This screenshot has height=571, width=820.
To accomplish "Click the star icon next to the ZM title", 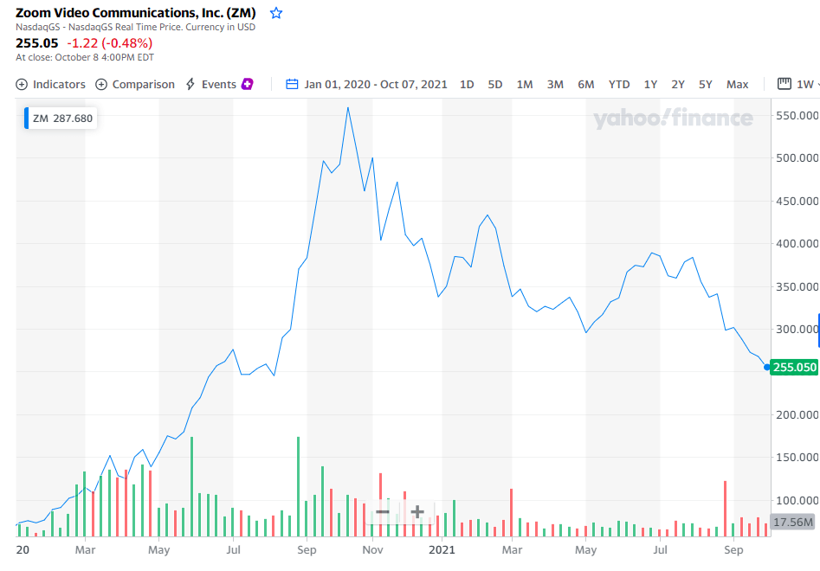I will (x=276, y=13).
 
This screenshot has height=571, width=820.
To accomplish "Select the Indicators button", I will (x=51, y=84).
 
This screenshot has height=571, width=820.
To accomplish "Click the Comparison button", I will (x=135, y=84).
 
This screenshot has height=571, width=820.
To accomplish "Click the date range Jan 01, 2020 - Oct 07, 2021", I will (x=367, y=84).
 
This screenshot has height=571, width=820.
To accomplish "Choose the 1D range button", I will (x=467, y=84).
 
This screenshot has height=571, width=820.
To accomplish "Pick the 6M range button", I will (x=586, y=84).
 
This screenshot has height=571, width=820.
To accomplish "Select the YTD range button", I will (x=619, y=84).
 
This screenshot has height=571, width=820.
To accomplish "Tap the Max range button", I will (x=738, y=84).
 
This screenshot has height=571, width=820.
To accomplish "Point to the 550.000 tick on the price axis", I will (x=796, y=115).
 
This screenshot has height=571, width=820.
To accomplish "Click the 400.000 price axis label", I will (x=796, y=243).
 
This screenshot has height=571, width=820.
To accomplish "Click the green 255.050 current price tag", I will (x=795, y=367).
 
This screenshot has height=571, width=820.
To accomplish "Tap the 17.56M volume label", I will (x=792, y=523).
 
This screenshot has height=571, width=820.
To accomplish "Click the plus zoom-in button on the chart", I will (x=416, y=512).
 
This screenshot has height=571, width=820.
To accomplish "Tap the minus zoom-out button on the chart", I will (x=382, y=512).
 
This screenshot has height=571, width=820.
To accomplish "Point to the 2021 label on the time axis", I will (x=442, y=549).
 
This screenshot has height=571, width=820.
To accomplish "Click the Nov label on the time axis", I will (x=372, y=549).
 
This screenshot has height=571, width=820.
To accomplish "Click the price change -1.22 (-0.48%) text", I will (x=110, y=43).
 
